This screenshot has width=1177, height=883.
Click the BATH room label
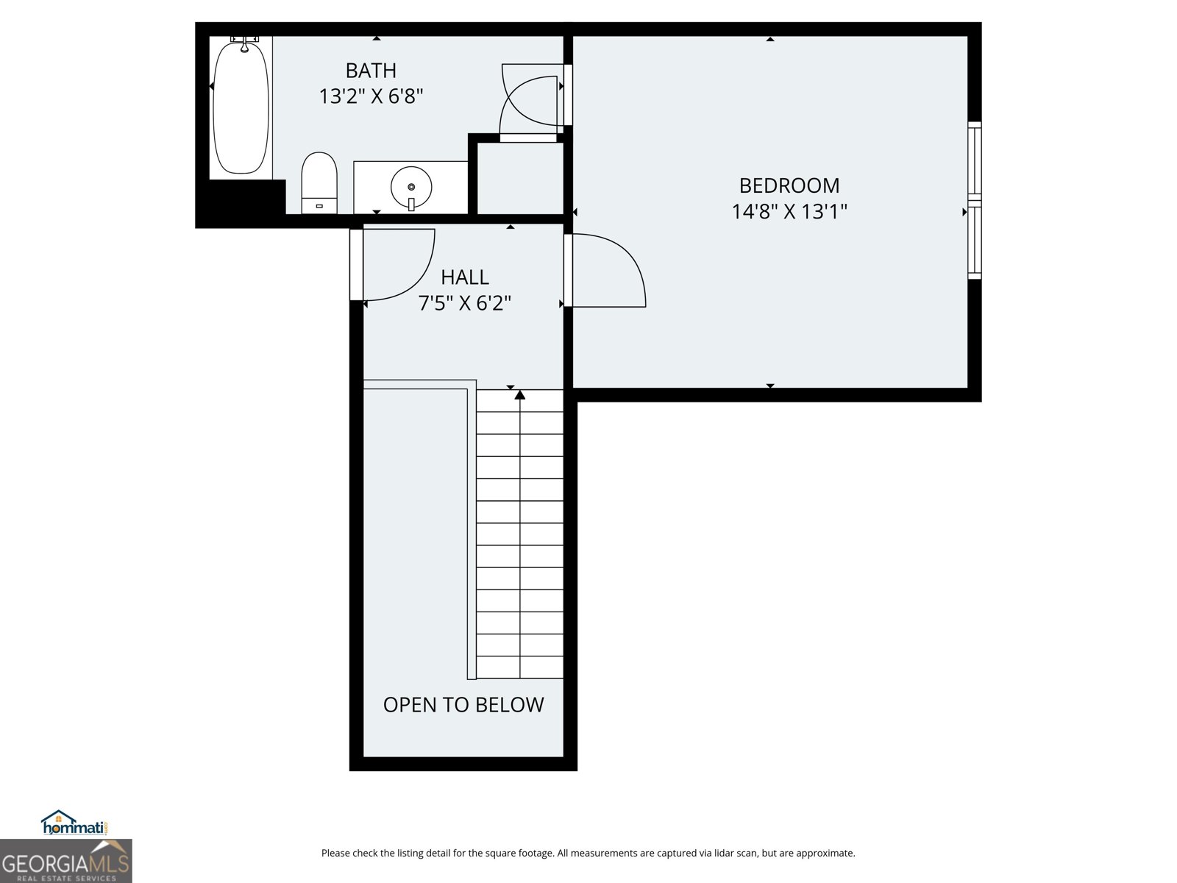[371, 71]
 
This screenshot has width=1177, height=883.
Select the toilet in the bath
[319, 182]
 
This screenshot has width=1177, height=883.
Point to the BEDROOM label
[789, 185]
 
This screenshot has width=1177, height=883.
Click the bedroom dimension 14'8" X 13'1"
[789, 212]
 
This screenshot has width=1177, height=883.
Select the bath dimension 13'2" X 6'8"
[371, 96]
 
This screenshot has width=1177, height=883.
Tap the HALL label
[464, 277]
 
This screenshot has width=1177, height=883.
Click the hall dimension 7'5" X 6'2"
[464, 303]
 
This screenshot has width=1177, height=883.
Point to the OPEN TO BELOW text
[463, 705]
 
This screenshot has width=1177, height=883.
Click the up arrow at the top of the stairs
[520, 395]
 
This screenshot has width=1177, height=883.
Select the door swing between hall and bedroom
[608, 270]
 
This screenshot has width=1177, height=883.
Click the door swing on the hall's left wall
[398, 265]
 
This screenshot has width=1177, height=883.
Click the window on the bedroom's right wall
[974, 200]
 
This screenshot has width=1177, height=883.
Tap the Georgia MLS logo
[66, 862]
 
